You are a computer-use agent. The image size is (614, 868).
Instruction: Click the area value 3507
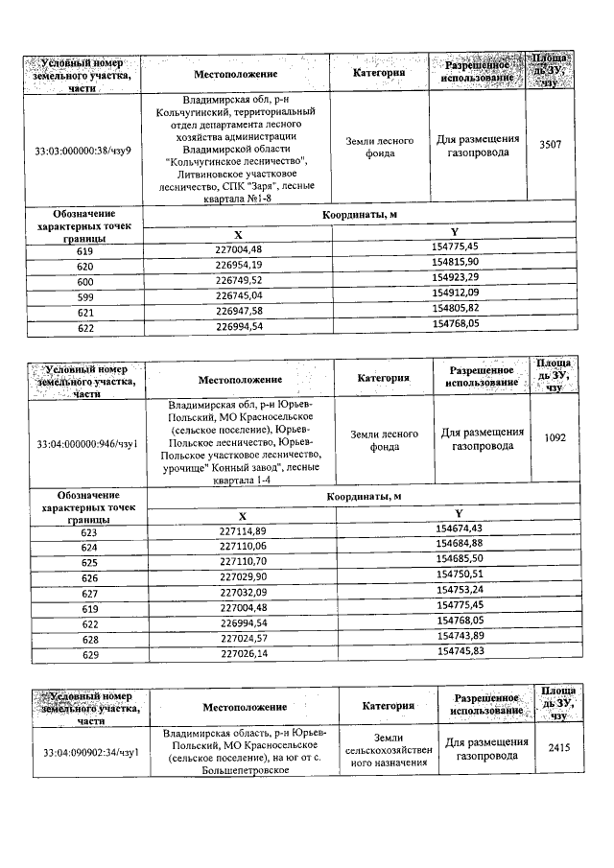[x=551, y=145]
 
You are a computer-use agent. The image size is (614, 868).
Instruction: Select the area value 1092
[x=555, y=437]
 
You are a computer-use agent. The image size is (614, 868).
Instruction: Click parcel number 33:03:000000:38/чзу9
[x=83, y=151]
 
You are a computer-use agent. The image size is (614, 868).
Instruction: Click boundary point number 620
[x=85, y=265]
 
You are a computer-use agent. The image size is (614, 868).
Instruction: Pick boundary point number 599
[x=85, y=294]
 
